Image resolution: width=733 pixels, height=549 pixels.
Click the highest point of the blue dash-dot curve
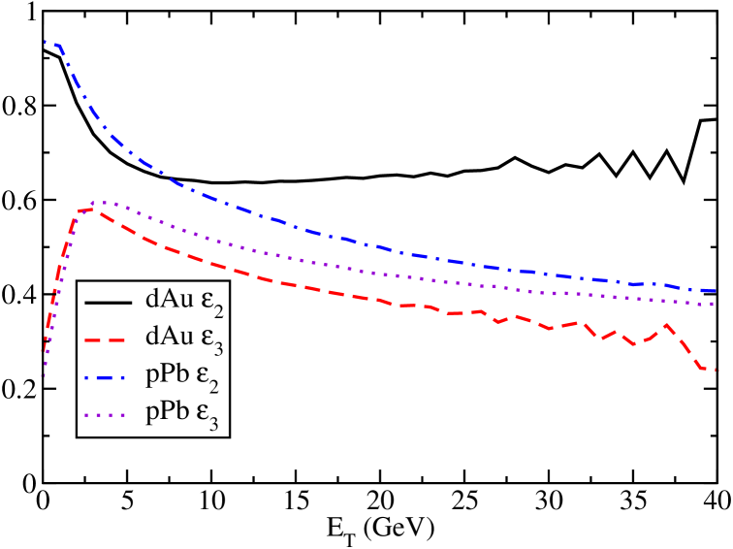45,42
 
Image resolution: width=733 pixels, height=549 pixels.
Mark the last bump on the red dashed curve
666,325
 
